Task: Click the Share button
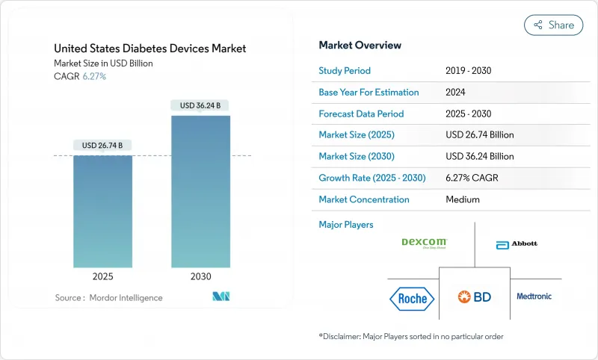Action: pos(553,25)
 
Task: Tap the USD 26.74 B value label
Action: pos(102,145)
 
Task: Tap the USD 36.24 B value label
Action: pos(200,105)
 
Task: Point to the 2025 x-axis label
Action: pos(102,276)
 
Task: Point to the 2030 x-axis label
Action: pos(200,276)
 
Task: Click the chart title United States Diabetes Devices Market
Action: pos(150,49)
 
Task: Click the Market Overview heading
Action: pos(360,46)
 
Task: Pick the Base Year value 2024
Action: pos(456,93)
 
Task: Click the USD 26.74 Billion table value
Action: pos(479,135)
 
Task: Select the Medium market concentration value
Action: pos(462,199)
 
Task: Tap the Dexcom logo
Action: pos(424,243)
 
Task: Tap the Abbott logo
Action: pos(517,243)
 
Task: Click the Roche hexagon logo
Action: pos(412,299)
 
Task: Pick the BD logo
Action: pos(474,297)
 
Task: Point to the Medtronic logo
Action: pos(534,297)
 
